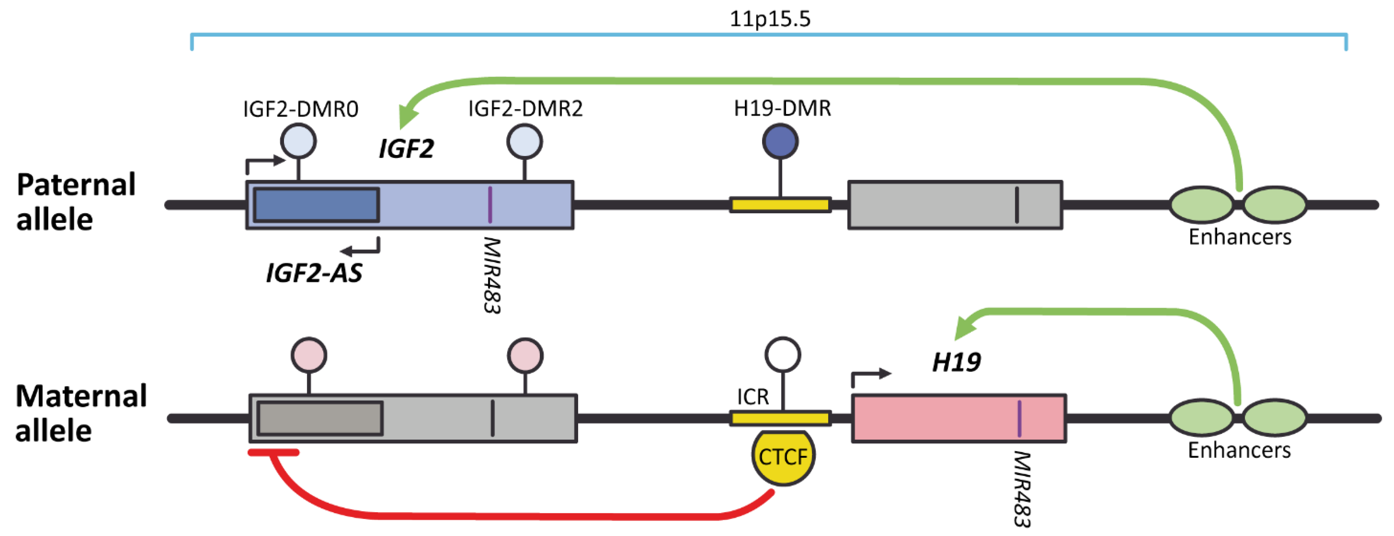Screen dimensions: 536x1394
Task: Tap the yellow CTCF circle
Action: coord(783,457)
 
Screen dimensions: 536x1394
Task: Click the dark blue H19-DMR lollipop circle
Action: coord(780,142)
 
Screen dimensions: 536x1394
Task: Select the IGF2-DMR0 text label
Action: coord(300,109)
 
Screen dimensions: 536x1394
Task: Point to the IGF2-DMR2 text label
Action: coord(525,109)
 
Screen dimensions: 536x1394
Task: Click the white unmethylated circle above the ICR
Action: coord(782,355)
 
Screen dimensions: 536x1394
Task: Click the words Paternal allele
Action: coord(76,202)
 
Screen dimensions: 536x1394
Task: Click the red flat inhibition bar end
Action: coord(273,452)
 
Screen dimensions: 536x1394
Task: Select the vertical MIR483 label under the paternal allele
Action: coord(492,275)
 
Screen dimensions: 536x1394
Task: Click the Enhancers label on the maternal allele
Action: coord(1239,450)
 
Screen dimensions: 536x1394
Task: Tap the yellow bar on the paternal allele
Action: coord(780,205)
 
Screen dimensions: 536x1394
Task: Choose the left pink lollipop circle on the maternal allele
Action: coord(309,355)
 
